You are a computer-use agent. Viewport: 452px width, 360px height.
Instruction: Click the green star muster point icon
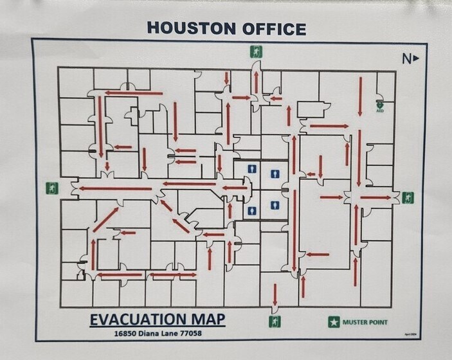(333, 322)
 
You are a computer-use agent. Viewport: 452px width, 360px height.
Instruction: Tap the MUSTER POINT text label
(365, 322)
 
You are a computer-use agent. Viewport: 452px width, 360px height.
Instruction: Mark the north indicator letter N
(406, 59)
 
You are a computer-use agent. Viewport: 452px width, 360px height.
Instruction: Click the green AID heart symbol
(380, 102)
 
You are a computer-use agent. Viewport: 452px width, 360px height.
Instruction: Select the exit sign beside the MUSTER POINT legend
(275, 321)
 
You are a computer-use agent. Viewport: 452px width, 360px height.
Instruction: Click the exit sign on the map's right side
(408, 197)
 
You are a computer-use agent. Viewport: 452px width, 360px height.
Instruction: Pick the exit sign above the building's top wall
(257, 52)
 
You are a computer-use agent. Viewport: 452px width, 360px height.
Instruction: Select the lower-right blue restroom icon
(276, 206)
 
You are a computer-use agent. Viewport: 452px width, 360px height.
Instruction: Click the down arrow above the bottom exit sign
(275, 295)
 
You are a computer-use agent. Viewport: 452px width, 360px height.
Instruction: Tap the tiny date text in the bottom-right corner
(410, 335)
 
